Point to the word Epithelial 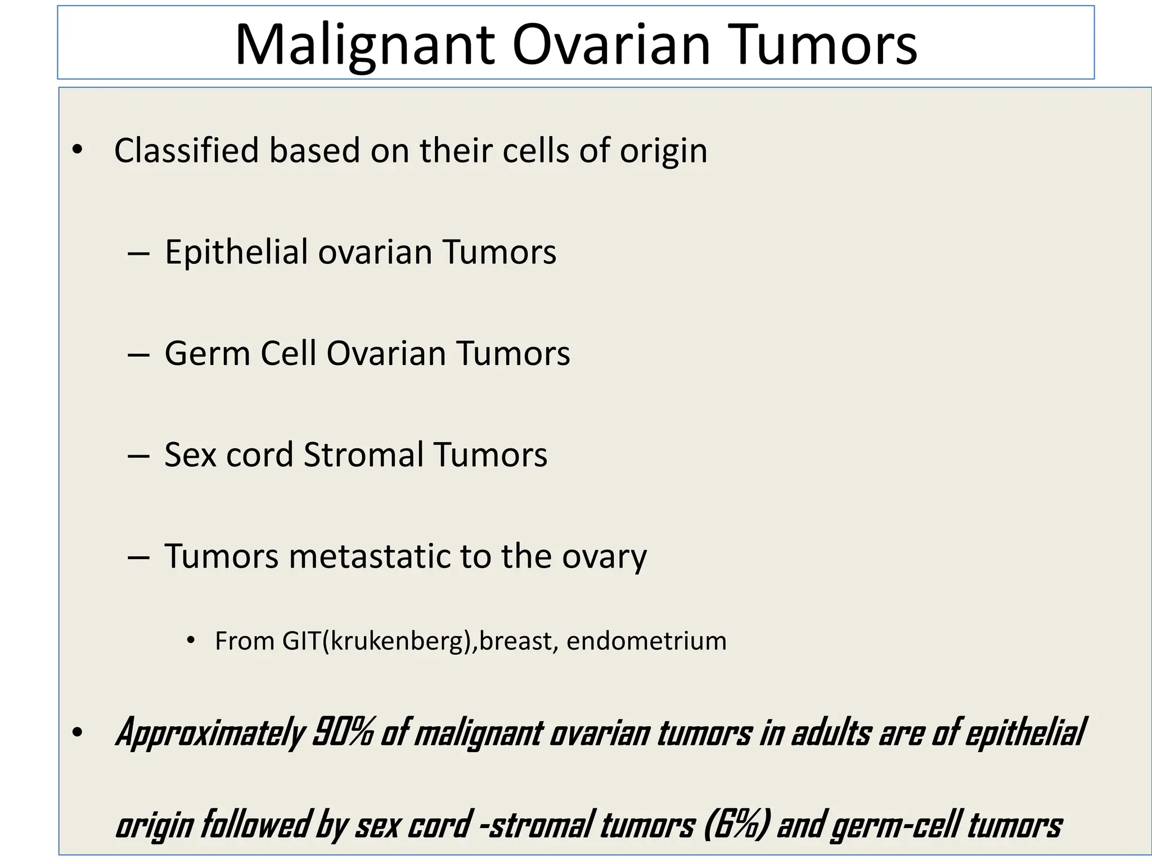click(236, 252)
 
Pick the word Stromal click(363, 454)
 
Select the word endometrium click(646, 641)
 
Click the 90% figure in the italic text click(342, 733)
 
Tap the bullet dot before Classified click(77, 150)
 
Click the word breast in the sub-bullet click(516, 641)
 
